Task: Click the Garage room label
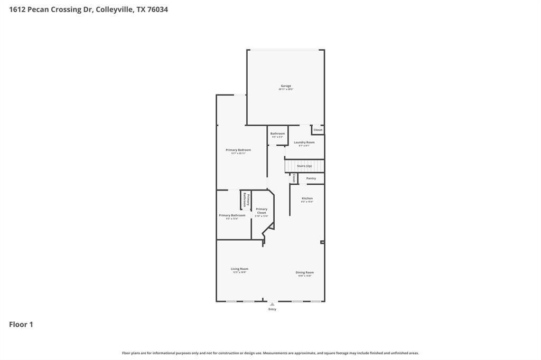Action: [286, 86]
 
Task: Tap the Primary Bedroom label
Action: [238, 150]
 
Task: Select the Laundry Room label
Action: [304, 143]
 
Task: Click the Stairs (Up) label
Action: [304, 166]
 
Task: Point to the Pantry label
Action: [311, 178]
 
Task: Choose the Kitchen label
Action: [307, 198]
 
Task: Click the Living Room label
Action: [239, 269]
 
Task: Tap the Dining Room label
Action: [305, 272]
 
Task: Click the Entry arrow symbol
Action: [272, 304]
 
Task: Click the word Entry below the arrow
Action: [272, 309]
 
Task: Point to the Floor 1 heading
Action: [21, 325]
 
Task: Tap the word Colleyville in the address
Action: [114, 10]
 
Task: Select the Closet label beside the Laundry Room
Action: [318, 130]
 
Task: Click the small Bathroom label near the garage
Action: [277, 134]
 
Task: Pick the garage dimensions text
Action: [286, 89]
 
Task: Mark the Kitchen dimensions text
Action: [307, 202]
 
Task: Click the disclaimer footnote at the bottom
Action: [270, 353]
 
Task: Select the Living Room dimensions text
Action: [239, 272]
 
